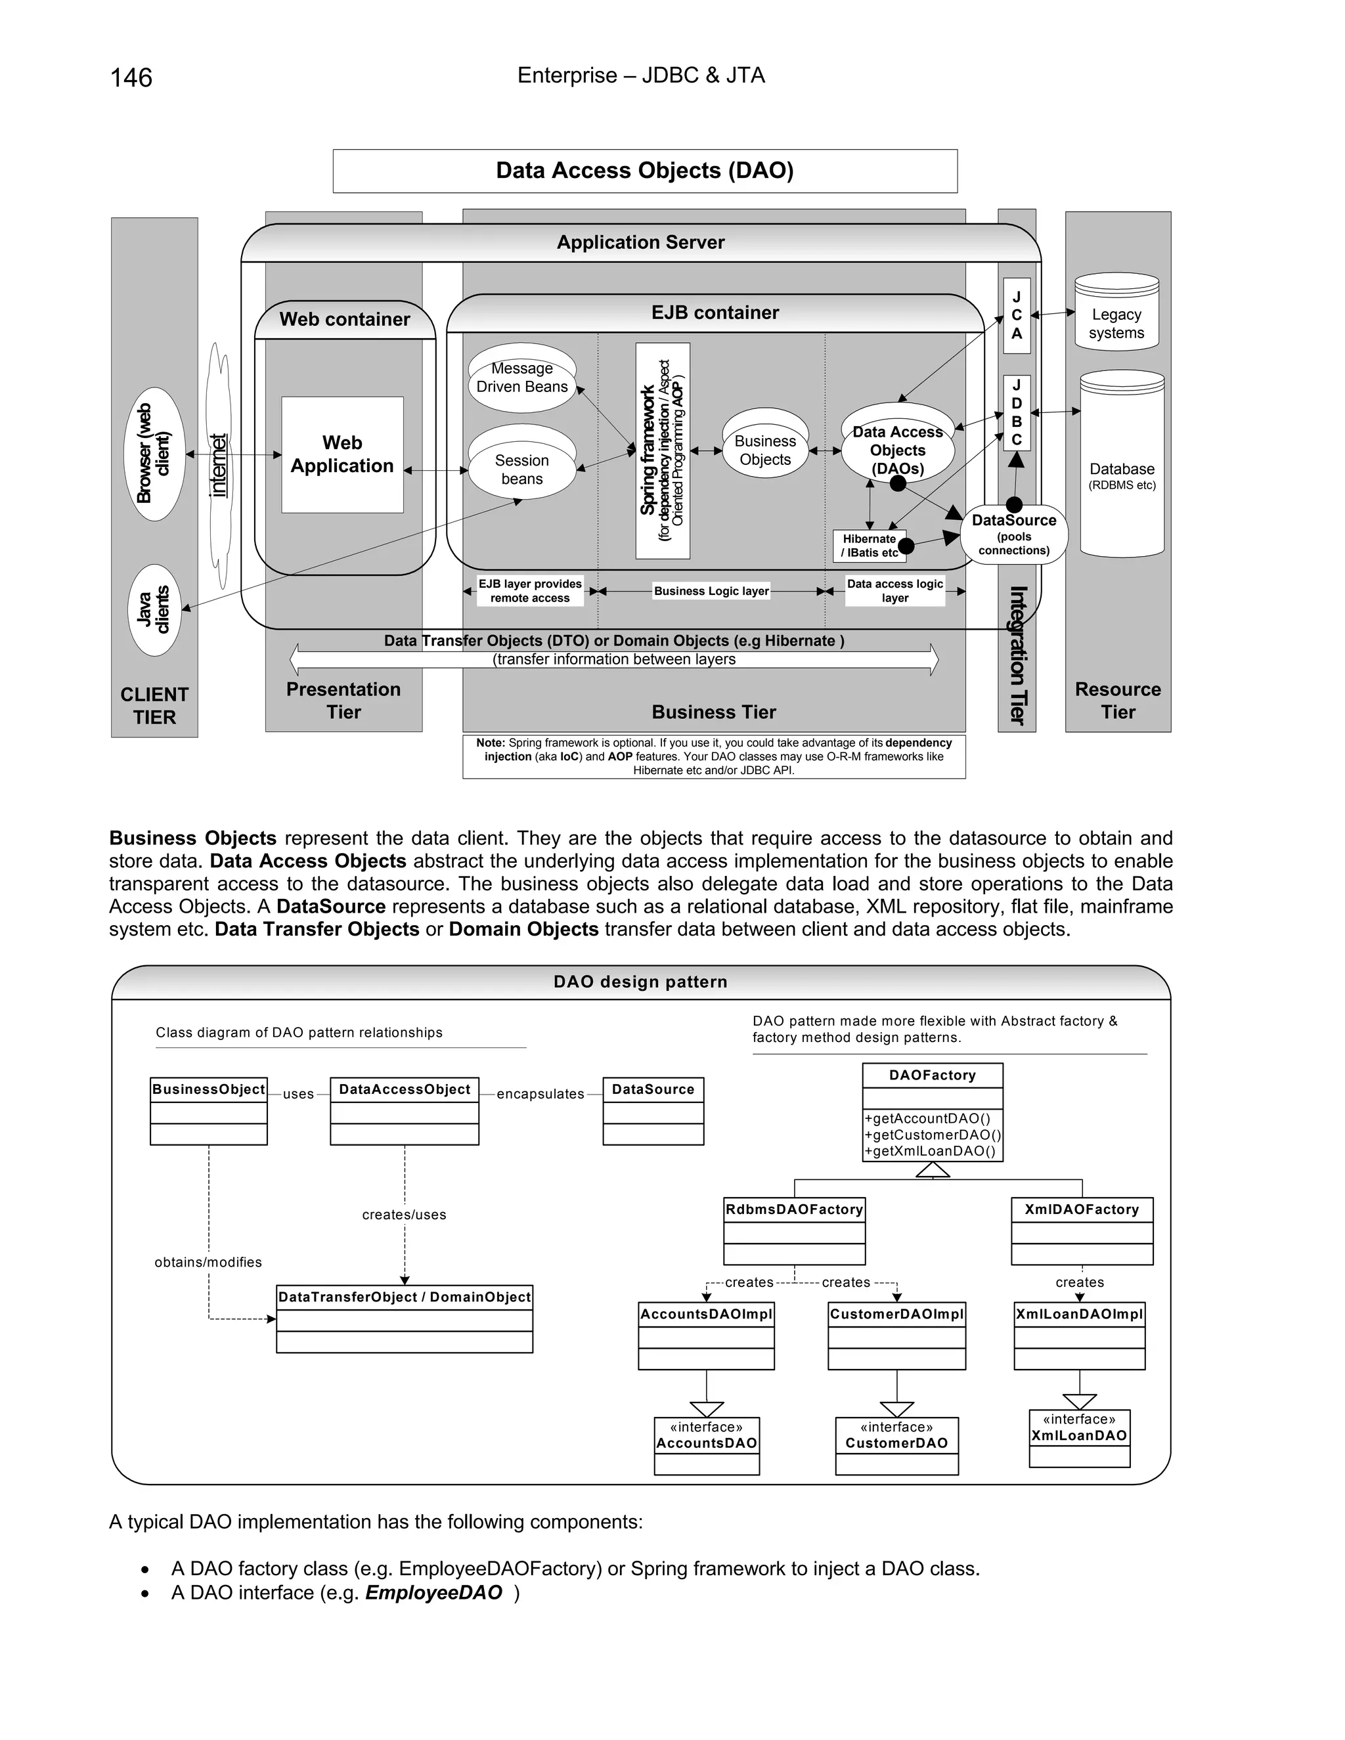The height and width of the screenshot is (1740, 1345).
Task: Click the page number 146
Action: [131, 78]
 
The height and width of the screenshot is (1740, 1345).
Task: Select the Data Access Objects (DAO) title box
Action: [645, 171]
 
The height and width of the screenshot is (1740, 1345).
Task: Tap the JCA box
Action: [1017, 315]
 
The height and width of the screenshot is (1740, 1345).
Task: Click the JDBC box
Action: [1017, 413]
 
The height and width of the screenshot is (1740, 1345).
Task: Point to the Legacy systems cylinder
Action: [1116, 313]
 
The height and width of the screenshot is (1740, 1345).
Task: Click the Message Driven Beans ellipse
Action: [522, 378]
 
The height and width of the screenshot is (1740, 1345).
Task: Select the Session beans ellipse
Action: [522, 469]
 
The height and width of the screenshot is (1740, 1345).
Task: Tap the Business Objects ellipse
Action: [765, 450]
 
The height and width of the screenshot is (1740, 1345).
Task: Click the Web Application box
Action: [342, 454]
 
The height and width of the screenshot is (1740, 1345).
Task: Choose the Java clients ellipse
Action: [154, 609]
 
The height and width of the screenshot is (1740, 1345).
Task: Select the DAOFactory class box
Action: [933, 1112]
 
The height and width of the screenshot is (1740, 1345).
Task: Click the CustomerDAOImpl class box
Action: [896, 1336]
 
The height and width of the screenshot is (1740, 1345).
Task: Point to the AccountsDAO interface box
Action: [707, 1445]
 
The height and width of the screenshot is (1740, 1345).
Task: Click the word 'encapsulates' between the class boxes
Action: [540, 1094]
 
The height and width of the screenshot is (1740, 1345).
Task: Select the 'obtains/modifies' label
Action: [208, 1262]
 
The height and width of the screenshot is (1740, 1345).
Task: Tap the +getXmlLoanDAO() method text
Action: [930, 1150]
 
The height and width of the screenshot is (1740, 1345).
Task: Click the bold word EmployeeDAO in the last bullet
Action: [433, 1593]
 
